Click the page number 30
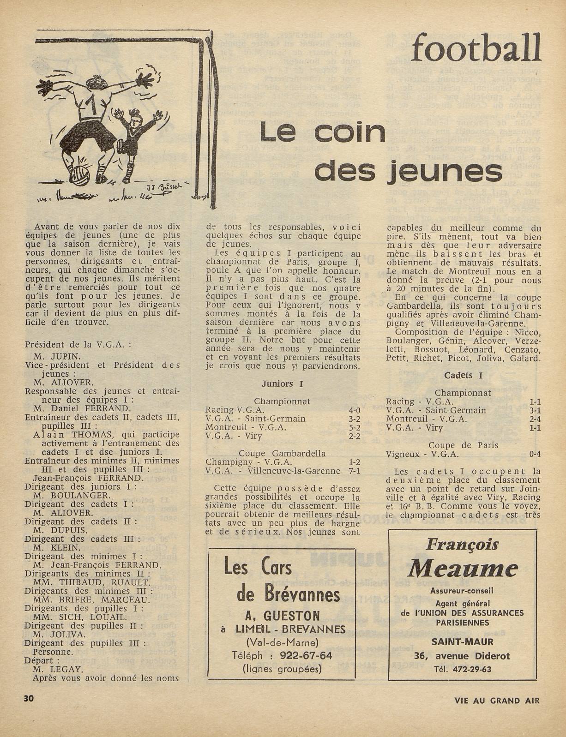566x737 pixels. [x=29, y=698]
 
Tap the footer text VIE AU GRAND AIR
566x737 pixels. [x=496, y=699]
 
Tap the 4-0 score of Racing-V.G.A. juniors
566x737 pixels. [x=354, y=410]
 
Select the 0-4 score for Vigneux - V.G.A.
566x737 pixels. [x=535, y=454]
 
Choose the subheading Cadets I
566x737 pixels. [x=463, y=375]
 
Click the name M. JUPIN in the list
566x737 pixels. [x=57, y=356]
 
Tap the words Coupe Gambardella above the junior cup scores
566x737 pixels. [x=282, y=453]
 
